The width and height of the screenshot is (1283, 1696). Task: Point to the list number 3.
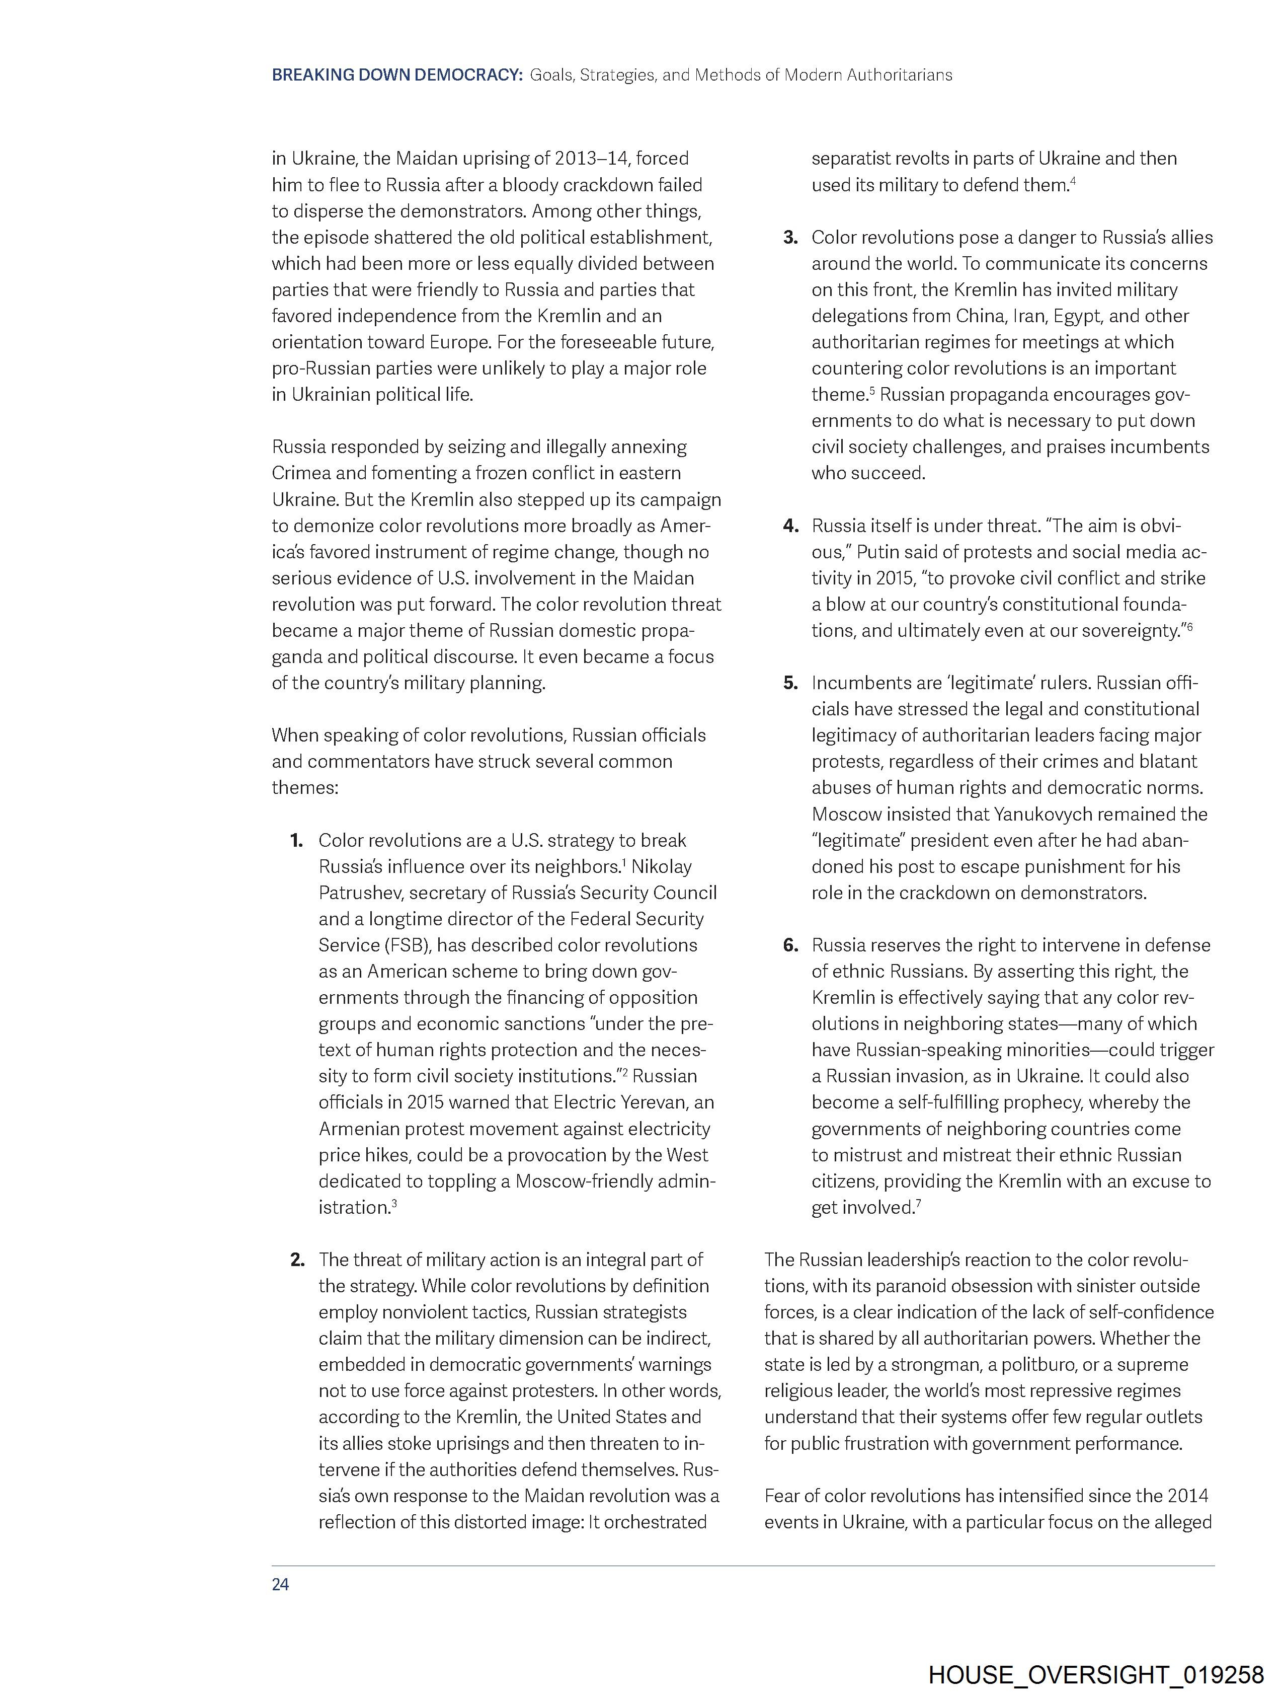coord(790,238)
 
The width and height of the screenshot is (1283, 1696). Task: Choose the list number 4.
coord(790,526)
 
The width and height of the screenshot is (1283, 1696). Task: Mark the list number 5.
coord(790,683)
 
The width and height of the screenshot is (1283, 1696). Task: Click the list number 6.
coord(790,945)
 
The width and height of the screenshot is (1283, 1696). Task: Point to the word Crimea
coord(299,473)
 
